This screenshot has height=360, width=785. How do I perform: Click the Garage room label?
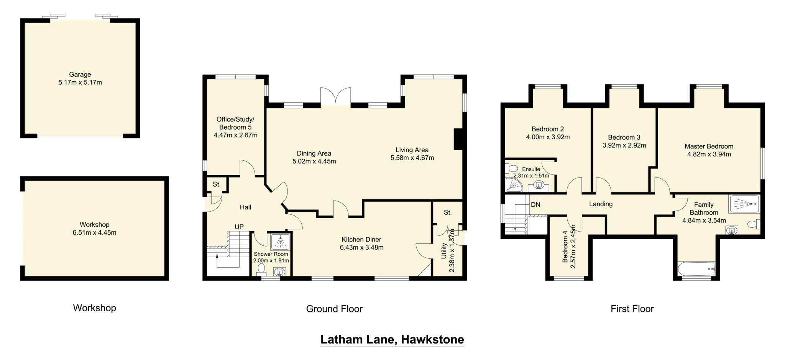80,74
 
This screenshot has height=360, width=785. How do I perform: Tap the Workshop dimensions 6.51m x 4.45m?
94,232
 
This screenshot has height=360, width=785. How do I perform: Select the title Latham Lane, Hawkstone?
392,339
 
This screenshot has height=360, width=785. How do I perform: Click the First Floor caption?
632,309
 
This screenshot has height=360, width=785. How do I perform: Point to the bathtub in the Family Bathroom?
696,269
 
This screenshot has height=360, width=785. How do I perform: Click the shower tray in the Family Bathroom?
744,204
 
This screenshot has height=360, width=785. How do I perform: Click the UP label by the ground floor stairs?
239,227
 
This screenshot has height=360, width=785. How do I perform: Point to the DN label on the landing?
535,205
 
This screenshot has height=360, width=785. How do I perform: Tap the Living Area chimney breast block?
458,139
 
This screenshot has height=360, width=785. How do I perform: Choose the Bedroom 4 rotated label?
565,249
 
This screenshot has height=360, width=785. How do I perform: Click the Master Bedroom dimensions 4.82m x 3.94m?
709,154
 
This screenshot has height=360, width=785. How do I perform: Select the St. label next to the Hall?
217,184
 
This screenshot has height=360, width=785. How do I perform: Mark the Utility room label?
444,251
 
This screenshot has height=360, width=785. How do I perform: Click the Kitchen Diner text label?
361,240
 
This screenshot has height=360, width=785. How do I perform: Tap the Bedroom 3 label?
624,137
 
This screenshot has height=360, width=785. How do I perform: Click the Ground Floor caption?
334,309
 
